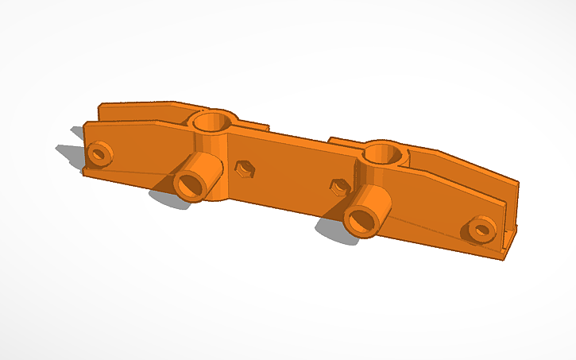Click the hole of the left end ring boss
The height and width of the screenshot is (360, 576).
pyautogui.click(x=99, y=153)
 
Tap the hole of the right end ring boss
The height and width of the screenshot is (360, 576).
pyautogui.click(x=480, y=230)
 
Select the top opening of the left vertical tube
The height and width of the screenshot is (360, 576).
pyautogui.click(x=211, y=122)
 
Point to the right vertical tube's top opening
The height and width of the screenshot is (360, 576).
pyautogui.click(x=385, y=152)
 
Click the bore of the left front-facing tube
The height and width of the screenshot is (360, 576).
pyautogui.click(x=188, y=186)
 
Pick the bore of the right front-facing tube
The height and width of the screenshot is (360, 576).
pyautogui.click(x=360, y=220)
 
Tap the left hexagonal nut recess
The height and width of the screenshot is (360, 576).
pyautogui.click(x=245, y=168)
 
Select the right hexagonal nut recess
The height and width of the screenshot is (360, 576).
pyautogui.click(x=339, y=187)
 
